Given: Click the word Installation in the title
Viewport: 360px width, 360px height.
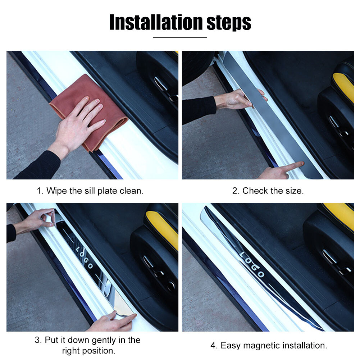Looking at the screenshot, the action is tap(156, 22).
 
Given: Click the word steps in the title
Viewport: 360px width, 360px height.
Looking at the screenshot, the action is tap(229, 23).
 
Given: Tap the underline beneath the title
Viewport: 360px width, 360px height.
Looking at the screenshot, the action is tap(180, 37).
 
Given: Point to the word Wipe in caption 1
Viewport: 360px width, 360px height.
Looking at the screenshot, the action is tap(56, 191).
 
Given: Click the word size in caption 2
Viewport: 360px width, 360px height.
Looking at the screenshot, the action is tap(294, 191).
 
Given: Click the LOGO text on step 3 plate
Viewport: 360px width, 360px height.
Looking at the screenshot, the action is tap(85, 258).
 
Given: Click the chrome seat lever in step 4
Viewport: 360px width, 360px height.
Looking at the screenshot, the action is tap(329, 256).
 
